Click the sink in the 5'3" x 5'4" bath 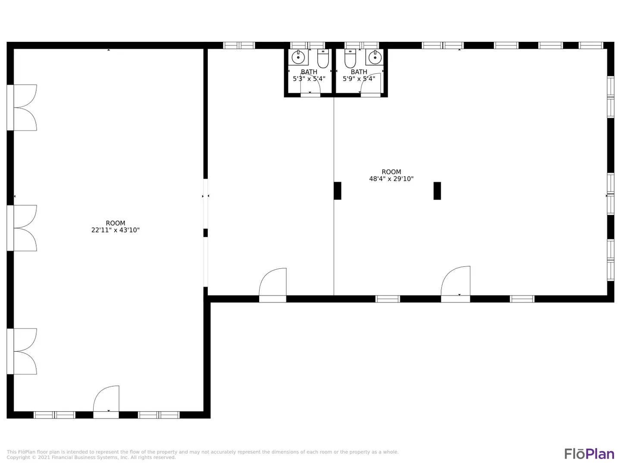point(298,57)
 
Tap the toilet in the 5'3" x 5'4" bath point(323,59)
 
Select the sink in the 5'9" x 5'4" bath point(375,57)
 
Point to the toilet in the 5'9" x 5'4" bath point(350,59)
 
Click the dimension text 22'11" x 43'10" point(116,230)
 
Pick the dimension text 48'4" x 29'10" point(391,179)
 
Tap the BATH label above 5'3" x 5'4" point(309,72)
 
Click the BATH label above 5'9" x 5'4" point(359,72)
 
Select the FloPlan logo point(590,454)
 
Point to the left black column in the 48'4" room point(338,191)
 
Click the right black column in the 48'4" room point(437,191)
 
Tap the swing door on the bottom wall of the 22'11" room point(106,402)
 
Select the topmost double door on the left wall point(22,107)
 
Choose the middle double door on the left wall point(22,228)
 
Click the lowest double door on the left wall point(22,351)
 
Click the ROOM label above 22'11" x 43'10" point(116,223)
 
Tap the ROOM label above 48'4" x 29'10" point(391,172)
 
